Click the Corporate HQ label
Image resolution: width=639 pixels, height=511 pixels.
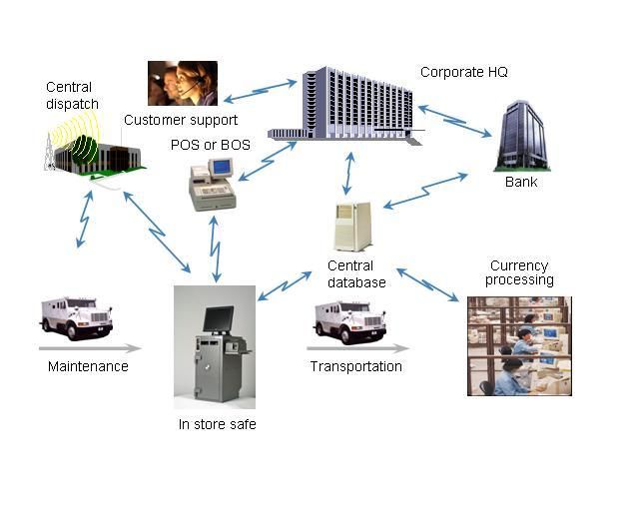pyautogui.click(x=463, y=72)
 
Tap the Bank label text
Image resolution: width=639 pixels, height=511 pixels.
pyautogui.click(x=521, y=182)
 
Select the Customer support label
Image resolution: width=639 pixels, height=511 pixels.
pyautogui.click(x=181, y=121)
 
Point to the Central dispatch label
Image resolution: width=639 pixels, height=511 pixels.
pyautogui.click(x=69, y=94)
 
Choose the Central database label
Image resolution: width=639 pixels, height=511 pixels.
pyautogui.click(x=356, y=273)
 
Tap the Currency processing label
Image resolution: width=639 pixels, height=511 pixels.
pyautogui.click(x=519, y=272)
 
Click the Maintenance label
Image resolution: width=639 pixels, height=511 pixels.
pyautogui.click(x=88, y=366)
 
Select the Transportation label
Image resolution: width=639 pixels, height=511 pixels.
pyautogui.click(x=355, y=366)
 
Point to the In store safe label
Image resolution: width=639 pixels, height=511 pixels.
pyautogui.click(x=217, y=425)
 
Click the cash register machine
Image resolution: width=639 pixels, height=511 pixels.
pyautogui.click(x=212, y=186)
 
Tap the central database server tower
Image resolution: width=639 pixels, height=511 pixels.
pyautogui.click(x=352, y=226)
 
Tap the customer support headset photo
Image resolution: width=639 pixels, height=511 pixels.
pyautogui.click(x=183, y=84)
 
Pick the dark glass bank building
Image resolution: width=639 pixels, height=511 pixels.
pyautogui.click(x=520, y=137)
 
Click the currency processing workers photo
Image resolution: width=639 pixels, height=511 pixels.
pyautogui.click(x=519, y=345)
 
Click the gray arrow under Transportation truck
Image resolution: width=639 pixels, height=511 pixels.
pyautogui.click(x=358, y=349)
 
